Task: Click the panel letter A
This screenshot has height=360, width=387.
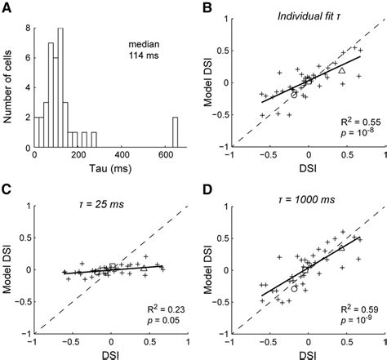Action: pos(8,8)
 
